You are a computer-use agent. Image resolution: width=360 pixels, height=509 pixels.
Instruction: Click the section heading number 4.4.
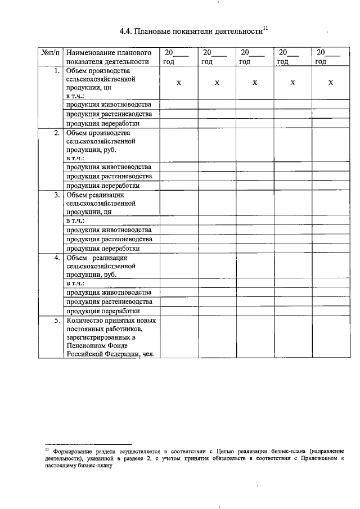pos(126,31)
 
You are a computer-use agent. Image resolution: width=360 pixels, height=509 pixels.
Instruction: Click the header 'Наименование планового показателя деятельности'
pos(107,57)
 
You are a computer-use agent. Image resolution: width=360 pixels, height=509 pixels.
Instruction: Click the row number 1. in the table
pos(57,71)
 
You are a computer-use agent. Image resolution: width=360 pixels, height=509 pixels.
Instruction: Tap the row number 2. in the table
pos(57,133)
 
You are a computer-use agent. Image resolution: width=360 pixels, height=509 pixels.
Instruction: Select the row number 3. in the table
pos(57,196)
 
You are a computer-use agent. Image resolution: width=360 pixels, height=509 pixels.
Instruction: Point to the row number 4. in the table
pos(57,258)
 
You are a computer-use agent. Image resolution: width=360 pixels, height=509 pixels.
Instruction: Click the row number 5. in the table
pos(57,321)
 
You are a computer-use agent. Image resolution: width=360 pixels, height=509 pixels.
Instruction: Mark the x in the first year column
pos(178,83)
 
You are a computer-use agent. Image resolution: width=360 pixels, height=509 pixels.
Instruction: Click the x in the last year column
pos(331,83)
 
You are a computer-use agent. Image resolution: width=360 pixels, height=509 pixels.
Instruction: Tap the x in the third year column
pos(254,83)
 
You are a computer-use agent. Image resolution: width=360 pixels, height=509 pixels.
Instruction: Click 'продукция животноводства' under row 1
pos(109,105)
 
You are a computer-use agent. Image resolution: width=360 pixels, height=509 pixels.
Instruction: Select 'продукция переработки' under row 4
pos(102,310)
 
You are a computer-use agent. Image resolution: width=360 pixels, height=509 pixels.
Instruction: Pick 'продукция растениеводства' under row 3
pos(109,239)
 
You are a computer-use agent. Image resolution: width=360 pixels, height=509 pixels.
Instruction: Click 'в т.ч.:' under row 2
pos(75,159)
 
